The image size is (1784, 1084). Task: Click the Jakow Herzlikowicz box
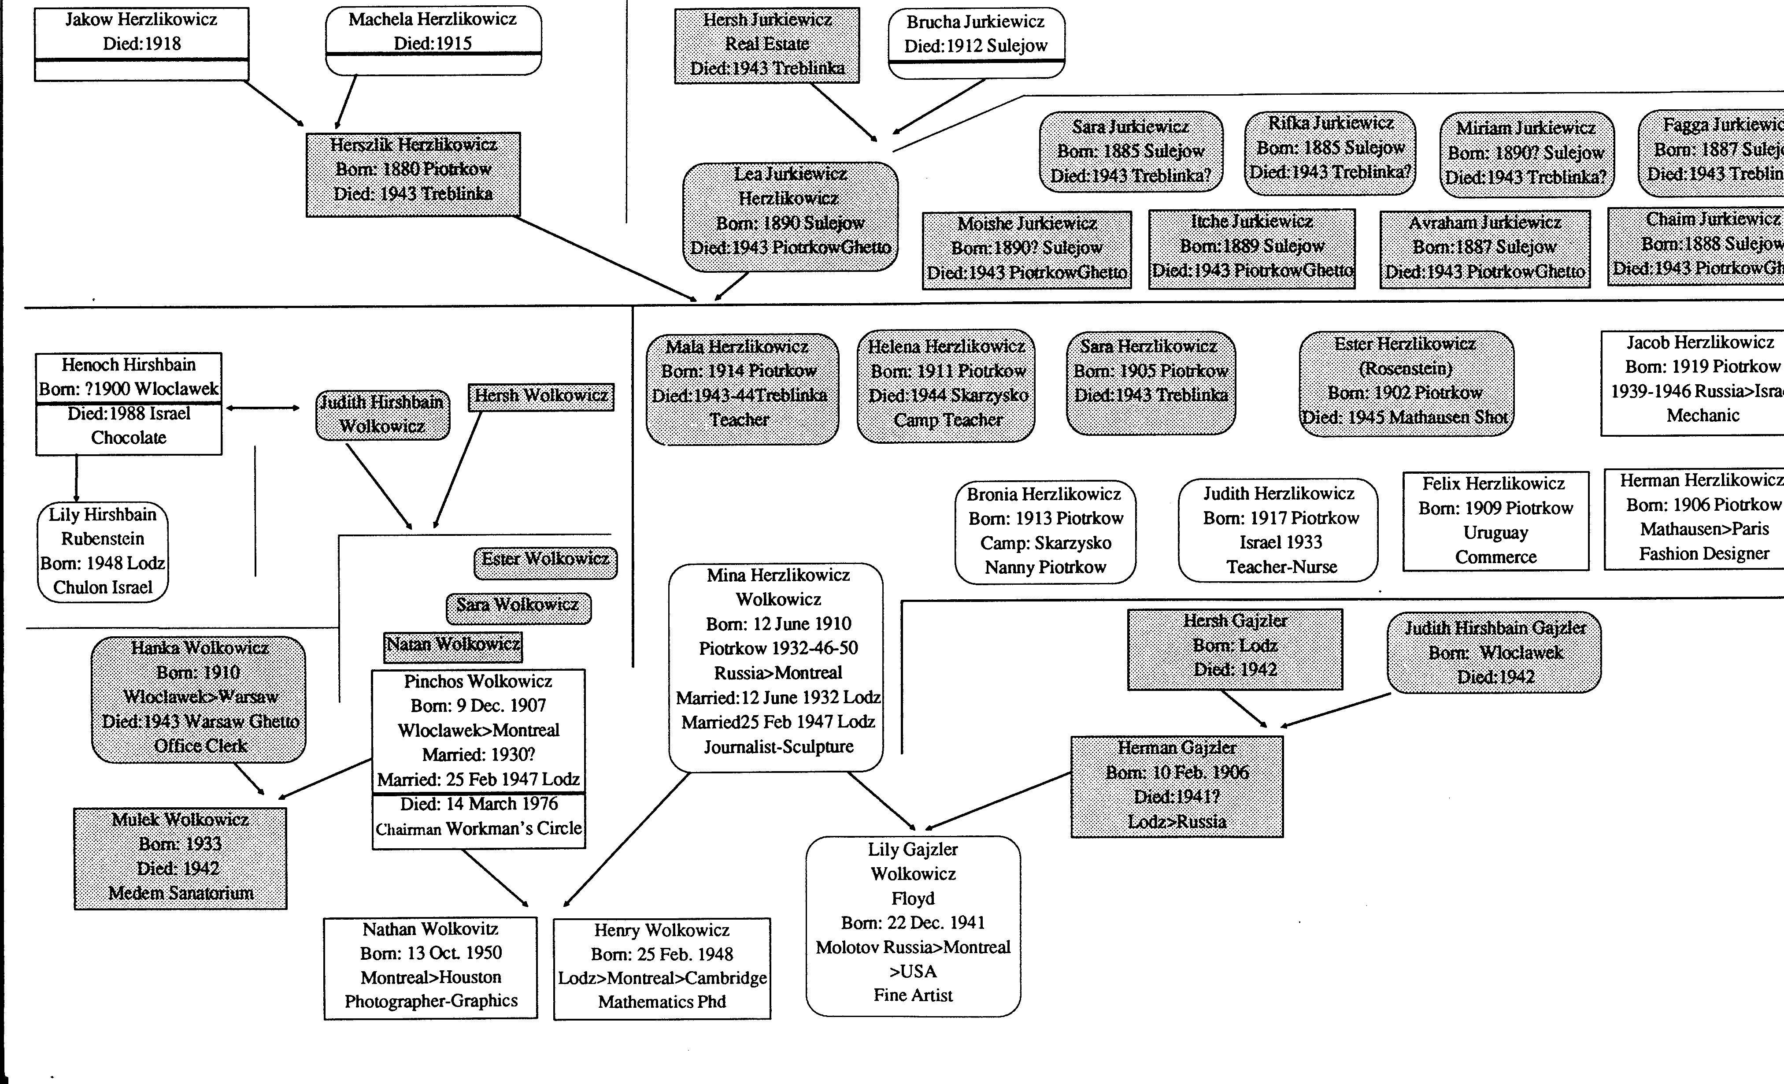pos(141,44)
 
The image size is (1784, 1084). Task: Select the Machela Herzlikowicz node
pos(433,40)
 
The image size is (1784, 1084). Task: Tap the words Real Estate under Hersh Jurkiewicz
pos(767,44)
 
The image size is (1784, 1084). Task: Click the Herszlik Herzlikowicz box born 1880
pos(413,174)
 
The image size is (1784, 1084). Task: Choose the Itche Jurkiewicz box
pos(1252,249)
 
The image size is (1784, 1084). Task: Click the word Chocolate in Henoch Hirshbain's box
pos(129,438)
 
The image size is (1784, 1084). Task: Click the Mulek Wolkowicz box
pos(180,858)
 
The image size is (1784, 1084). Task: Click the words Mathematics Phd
pos(662,1002)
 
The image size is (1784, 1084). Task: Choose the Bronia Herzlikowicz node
pos(1045,531)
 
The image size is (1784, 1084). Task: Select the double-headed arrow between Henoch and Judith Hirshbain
pos(263,408)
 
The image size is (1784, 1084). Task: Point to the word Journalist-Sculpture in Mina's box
pos(778,746)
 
